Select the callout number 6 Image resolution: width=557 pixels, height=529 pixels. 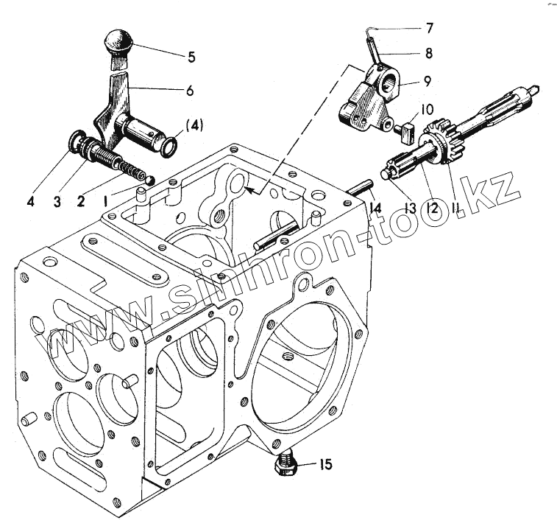[x=190, y=91]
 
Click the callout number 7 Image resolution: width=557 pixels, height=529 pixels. [x=428, y=29]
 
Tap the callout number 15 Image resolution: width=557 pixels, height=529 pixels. [x=324, y=465]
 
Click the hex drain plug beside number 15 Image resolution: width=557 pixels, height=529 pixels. [x=285, y=464]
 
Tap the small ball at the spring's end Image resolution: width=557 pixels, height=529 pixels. [x=149, y=179]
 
